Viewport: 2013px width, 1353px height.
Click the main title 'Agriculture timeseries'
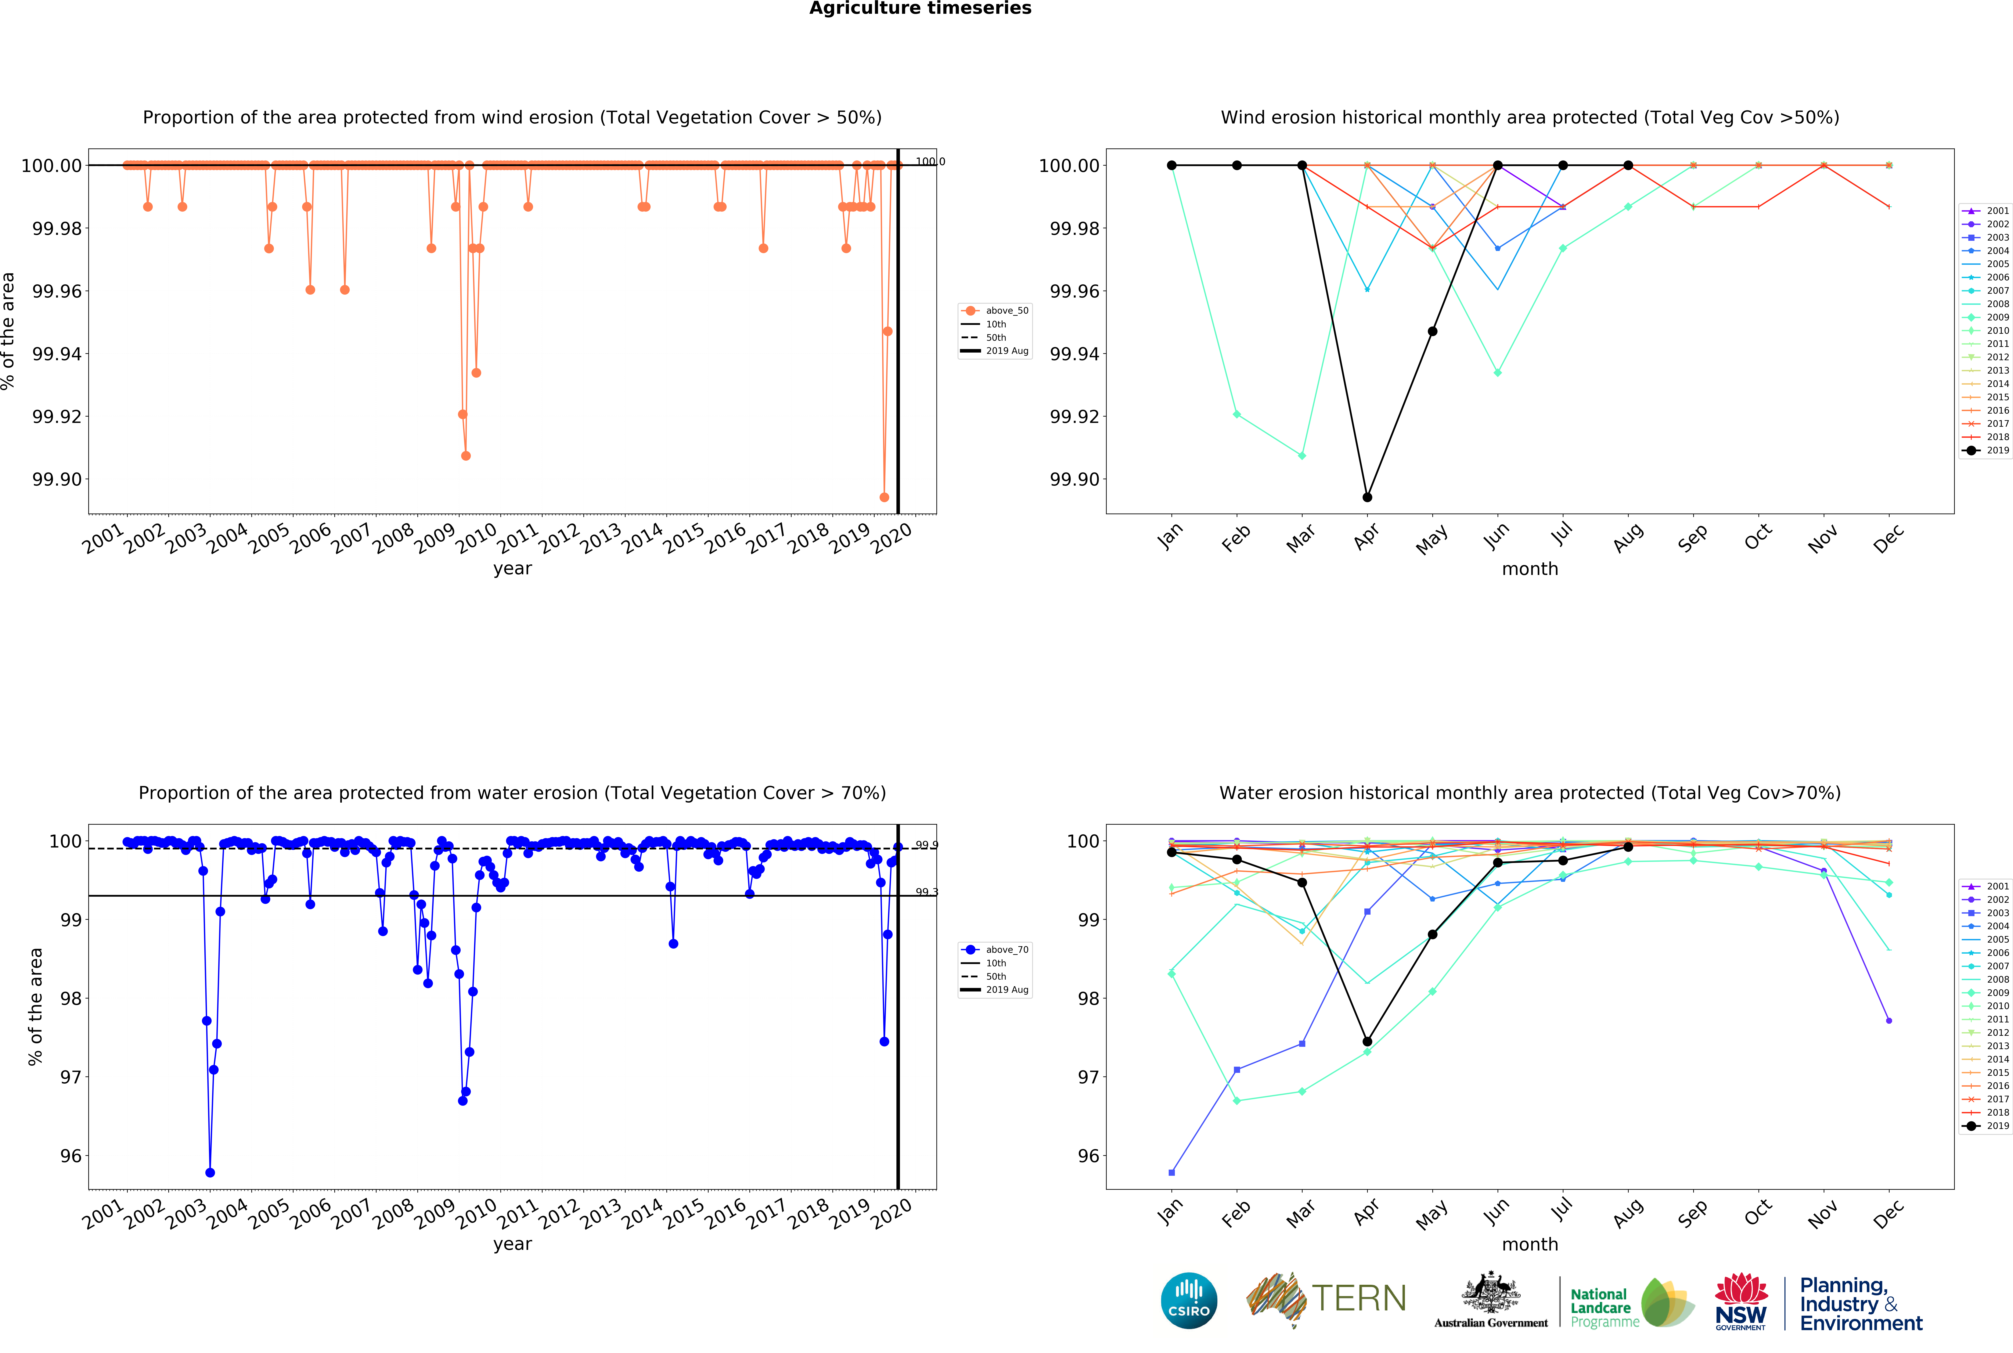[920, 9]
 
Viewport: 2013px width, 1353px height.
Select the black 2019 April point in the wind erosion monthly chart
[1367, 497]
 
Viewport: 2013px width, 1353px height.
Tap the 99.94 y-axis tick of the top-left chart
[57, 354]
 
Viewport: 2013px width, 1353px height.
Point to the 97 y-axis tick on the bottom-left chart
[71, 1077]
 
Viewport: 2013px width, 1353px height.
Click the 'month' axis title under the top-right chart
[1530, 569]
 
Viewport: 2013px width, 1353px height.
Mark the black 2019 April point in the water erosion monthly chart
[1367, 1041]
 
